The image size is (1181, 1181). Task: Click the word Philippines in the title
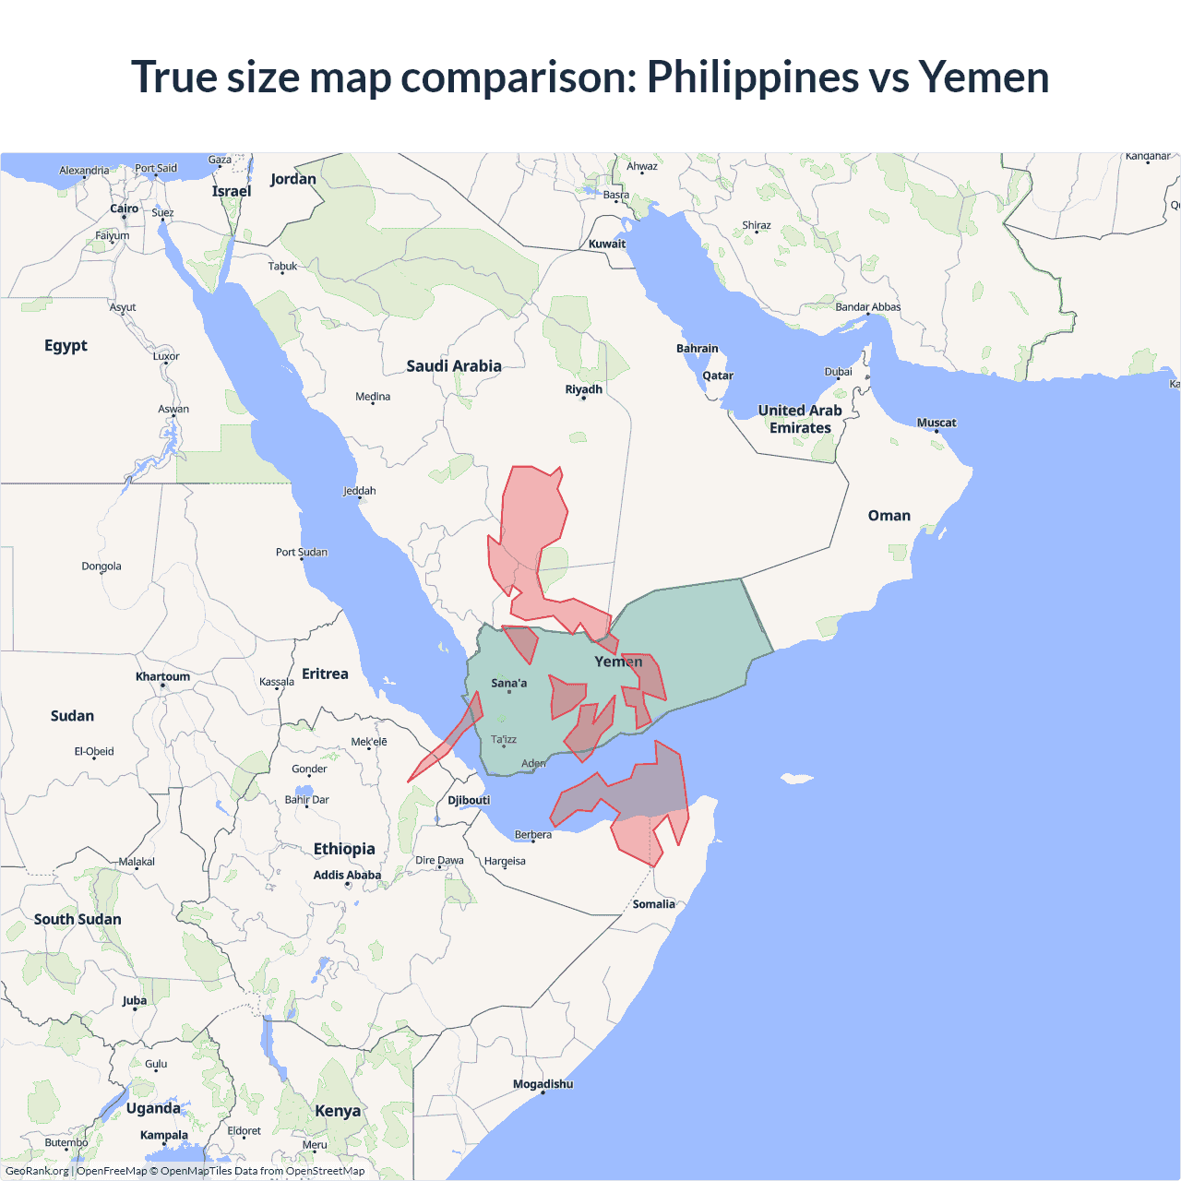click(753, 78)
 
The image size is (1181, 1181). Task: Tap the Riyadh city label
click(583, 389)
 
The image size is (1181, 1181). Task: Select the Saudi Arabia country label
click(454, 366)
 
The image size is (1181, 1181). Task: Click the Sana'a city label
click(509, 683)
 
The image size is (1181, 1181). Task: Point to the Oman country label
click(889, 516)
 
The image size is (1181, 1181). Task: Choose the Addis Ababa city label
click(347, 875)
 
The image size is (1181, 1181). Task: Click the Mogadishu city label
click(543, 1084)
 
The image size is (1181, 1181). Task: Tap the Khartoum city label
click(162, 676)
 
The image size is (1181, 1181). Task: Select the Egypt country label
click(66, 346)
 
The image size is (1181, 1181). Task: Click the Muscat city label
click(936, 423)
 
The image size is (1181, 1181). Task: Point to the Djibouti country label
click(469, 800)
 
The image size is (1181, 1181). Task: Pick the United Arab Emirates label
click(800, 419)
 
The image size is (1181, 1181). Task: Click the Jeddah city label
click(360, 491)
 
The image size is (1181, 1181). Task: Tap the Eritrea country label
click(325, 674)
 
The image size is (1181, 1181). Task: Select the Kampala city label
click(164, 1135)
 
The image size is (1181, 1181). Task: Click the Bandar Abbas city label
click(867, 307)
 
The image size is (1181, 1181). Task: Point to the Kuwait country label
click(607, 244)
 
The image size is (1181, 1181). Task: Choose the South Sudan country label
click(78, 919)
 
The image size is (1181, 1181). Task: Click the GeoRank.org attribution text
click(37, 1171)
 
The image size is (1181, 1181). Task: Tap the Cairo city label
click(125, 209)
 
